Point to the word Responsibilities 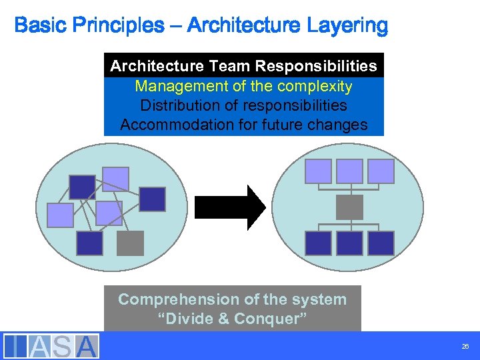pos(317,66)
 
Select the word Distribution pos(179,105)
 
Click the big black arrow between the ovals pos(231,207)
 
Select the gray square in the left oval pos(130,243)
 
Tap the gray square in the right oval pos(349,207)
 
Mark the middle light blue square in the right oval pos(349,171)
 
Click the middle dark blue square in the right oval pos(349,243)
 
